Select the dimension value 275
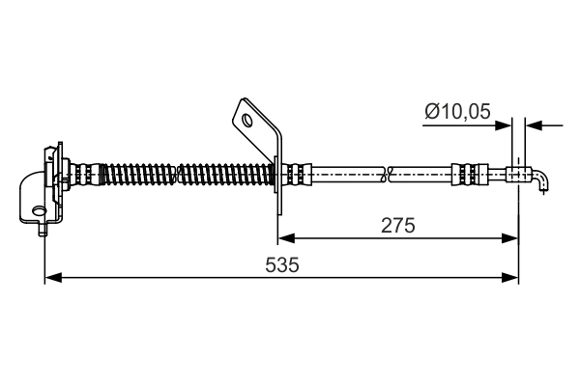point(397,225)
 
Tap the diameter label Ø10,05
point(456,113)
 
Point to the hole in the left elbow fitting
point(39,210)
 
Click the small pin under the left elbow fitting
point(41,229)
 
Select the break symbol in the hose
point(388,175)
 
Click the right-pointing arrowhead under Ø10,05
point(511,125)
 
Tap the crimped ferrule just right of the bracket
point(299,175)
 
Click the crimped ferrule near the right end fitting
point(465,175)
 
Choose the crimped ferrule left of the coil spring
point(85,175)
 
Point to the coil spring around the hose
point(184,175)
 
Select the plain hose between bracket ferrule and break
point(348,175)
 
